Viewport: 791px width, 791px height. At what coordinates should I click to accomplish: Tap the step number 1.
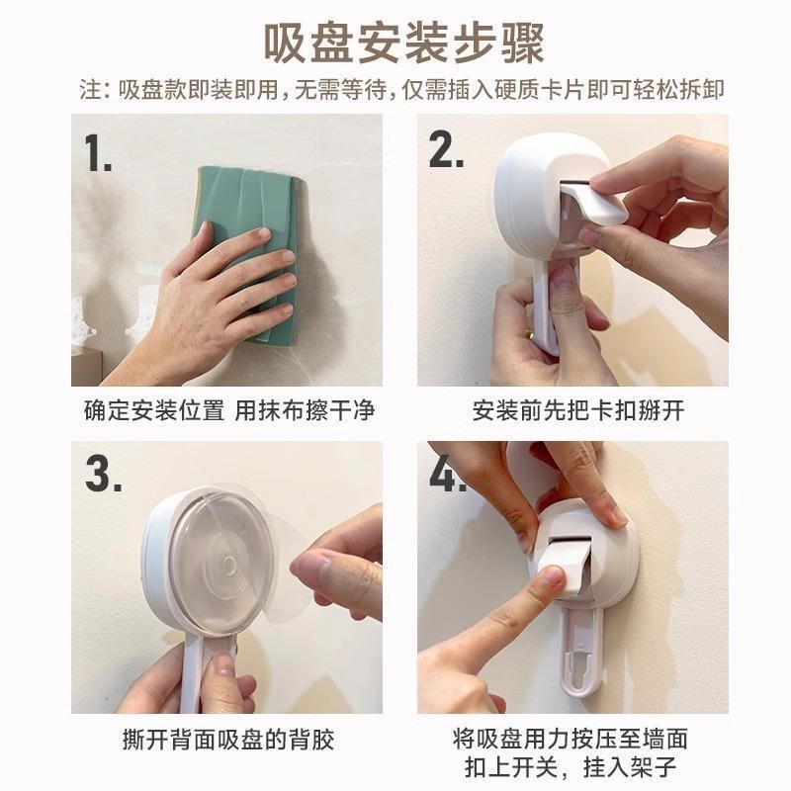pos(98,153)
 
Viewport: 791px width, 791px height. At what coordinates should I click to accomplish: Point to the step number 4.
pos(447,476)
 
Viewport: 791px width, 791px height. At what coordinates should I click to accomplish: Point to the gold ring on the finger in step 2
pos(531,335)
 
